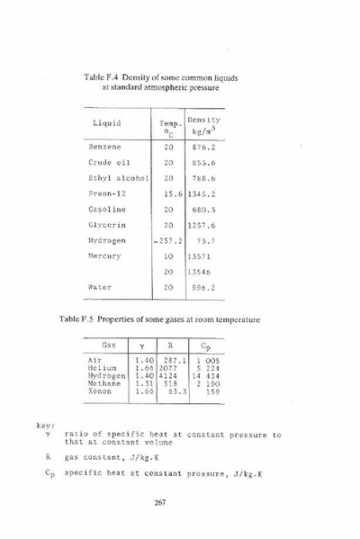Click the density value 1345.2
[202, 193]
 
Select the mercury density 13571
[200, 256]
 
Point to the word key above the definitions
[45, 425]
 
